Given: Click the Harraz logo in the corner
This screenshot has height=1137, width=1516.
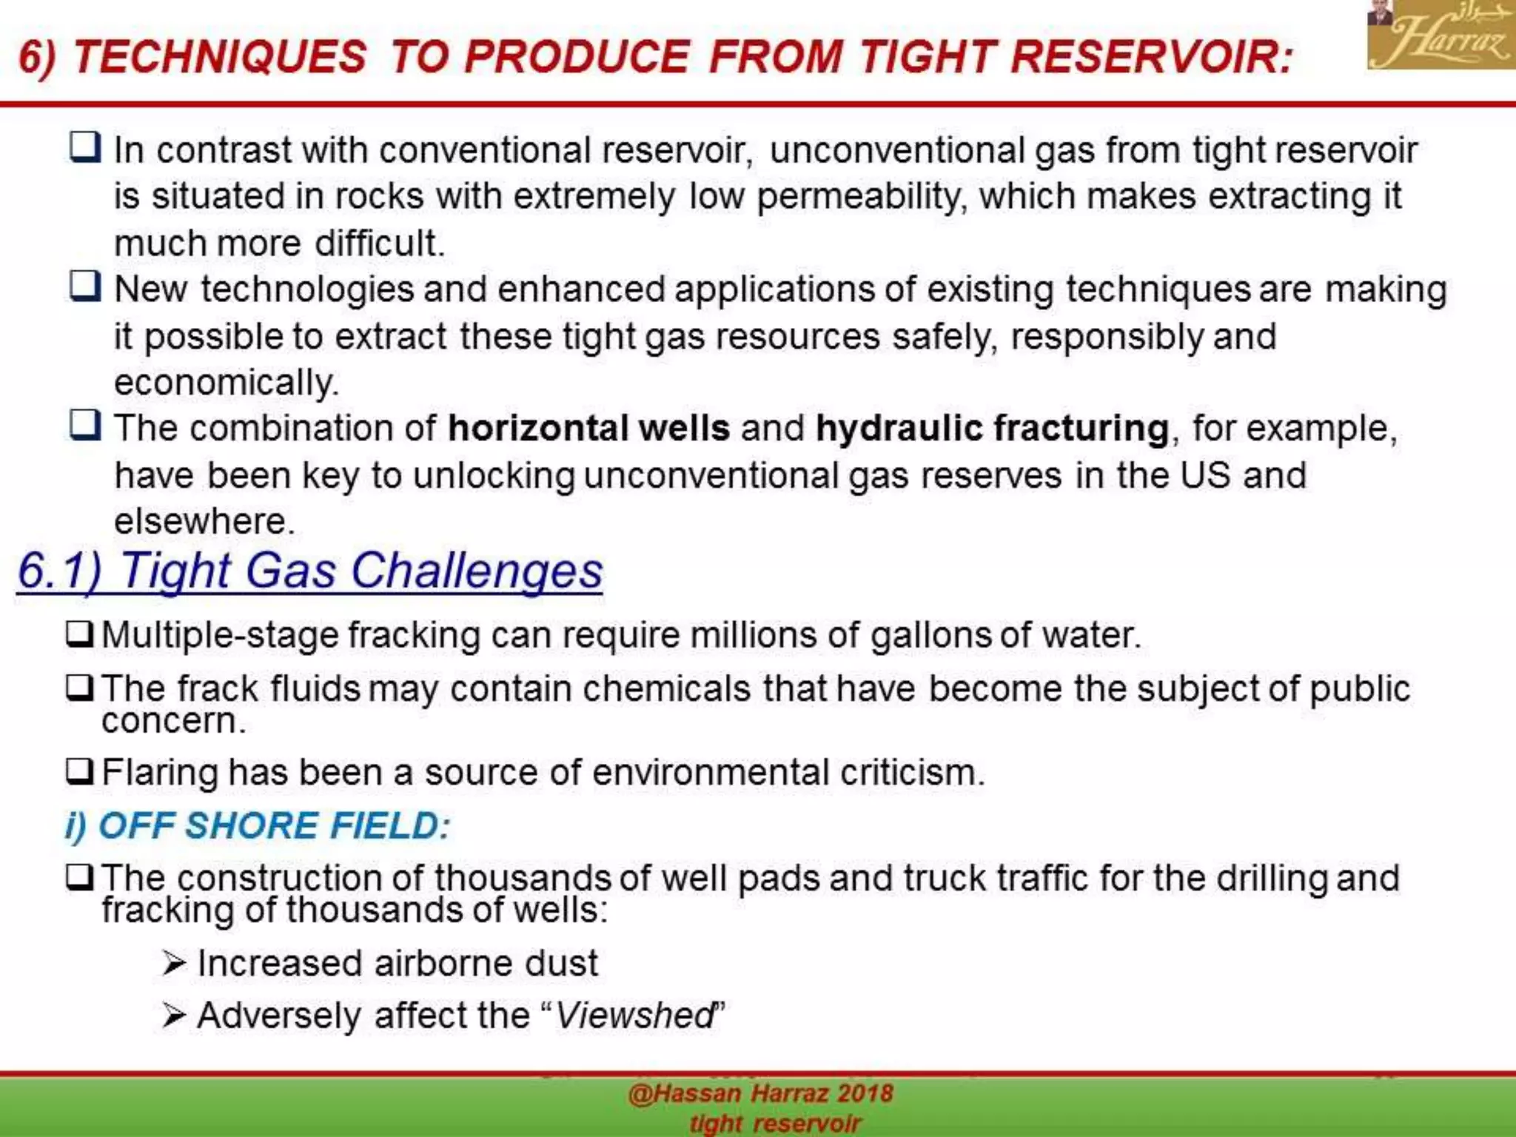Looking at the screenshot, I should pyautogui.click(x=1440, y=36).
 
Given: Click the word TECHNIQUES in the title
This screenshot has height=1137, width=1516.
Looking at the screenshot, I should pyautogui.click(x=220, y=57).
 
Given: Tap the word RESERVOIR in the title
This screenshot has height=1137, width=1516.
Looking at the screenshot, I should pyautogui.click(x=1152, y=57).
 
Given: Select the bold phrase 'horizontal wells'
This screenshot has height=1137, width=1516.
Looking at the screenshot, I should pyautogui.click(x=588, y=429).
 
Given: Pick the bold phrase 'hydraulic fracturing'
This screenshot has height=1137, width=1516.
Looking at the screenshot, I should pyautogui.click(x=992, y=429).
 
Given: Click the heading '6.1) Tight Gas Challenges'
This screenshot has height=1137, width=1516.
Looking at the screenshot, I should pyautogui.click(x=309, y=571).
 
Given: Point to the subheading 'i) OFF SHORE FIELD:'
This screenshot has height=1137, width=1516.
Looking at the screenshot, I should pyautogui.click(x=258, y=825).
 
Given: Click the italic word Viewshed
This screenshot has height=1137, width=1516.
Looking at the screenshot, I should pyautogui.click(x=634, y=1015).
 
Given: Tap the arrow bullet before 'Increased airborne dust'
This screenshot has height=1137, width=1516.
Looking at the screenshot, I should pyautogui.click(x=174, y=964).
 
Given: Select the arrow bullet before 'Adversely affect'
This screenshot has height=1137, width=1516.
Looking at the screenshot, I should pyautogui.click(x=174, y=1016).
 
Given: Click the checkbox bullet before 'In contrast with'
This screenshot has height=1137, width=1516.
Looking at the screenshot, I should pyautogui.click(x=85, y=147).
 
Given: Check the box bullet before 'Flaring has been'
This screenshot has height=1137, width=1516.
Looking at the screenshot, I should pyautogui.click(x=79, y=771).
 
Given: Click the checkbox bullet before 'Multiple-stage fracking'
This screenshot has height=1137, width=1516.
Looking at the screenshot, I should pyautogui.click(x=79, y=634).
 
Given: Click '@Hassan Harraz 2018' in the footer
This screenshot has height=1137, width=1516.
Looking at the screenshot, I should pyautogui.click(x=760, y=1094).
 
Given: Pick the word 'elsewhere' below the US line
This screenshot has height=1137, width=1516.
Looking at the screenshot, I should pyautogui.click(x=204, y=521).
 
